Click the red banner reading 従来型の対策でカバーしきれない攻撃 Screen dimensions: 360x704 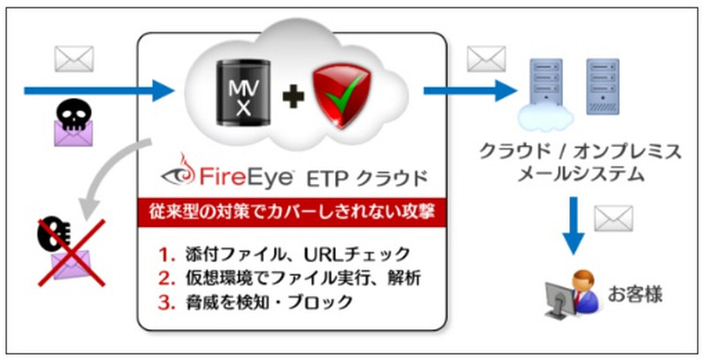294,210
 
